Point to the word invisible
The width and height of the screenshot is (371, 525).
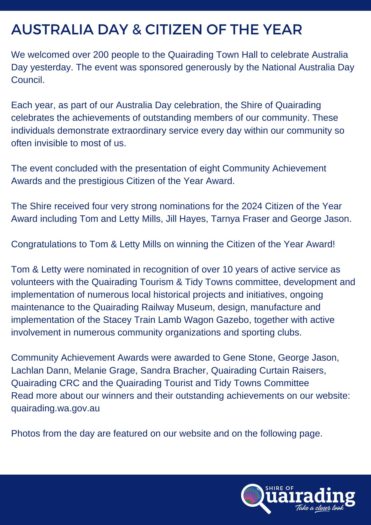pos(53,143)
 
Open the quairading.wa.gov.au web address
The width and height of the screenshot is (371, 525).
pos(55,408)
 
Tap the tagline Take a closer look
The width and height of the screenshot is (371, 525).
pos(319,508)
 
